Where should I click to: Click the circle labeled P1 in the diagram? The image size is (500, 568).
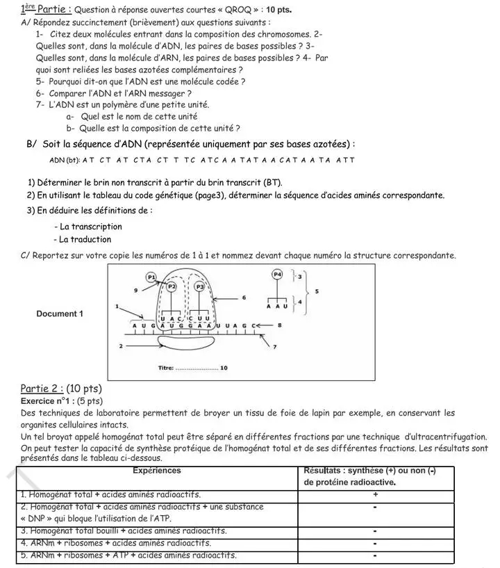pos(151,277)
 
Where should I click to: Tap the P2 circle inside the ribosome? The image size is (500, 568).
pos(172,286)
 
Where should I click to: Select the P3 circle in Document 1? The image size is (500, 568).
pos(200,286)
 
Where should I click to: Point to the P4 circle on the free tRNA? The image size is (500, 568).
pos(277,274)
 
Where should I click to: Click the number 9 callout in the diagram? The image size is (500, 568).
pos(135,289)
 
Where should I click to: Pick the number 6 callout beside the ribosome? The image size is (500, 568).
pos(244,297)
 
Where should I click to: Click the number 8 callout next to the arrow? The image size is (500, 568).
pos(279,325)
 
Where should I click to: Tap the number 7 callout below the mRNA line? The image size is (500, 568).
pos(275,346)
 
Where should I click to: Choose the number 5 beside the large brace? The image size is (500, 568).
pos(317,291)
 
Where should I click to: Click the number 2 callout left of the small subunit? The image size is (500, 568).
pos(121,345)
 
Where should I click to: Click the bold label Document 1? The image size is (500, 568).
pos(60,314)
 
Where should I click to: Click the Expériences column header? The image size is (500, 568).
pos(157,471)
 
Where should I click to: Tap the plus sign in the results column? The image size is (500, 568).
pos(375,495)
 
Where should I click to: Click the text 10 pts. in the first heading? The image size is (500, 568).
pos(276,10)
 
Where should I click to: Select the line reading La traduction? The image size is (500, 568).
pos(85,239)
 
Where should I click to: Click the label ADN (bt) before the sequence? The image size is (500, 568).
pos(65,161)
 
